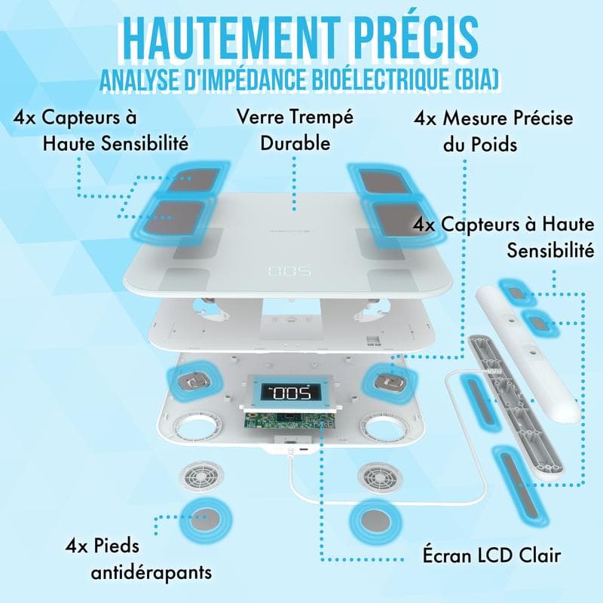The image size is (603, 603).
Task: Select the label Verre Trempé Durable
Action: point(295,130)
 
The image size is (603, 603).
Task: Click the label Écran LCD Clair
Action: point(491,556)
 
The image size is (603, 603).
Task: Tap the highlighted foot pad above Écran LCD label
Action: point(377,520)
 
